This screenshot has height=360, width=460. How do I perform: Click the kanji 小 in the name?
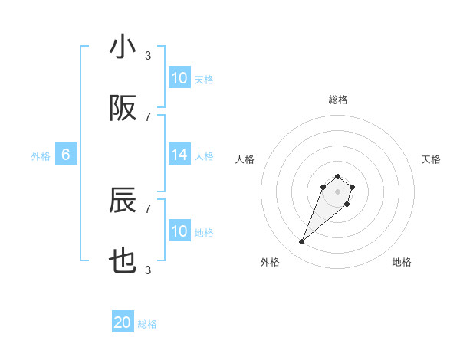click(x=123, y=47)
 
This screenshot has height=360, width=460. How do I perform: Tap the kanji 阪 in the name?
click(x=123, y=109)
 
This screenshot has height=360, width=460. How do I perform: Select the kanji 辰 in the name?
click(x=123, y=201)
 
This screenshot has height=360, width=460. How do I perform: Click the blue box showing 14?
click(x=179, y=155)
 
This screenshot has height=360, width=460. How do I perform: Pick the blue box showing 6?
click(x=66, y=155)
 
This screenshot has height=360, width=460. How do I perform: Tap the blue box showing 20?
click(x=123, y=323)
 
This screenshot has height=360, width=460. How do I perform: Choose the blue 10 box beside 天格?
click(x=179, y=78)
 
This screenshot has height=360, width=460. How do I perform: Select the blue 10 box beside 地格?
click(x=179, y=231)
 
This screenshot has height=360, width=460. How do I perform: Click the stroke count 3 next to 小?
click(x=148, y=55)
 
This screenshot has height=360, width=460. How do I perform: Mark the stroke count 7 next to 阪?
click(x=148, y=116)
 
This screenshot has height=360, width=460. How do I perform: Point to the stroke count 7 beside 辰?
click(x=148, y=208)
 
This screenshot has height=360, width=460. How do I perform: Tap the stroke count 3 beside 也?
click(x=148, y=270)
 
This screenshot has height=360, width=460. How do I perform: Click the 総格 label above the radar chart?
click(x=337, y=100)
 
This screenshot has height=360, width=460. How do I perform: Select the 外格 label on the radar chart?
click(x=270, y=262)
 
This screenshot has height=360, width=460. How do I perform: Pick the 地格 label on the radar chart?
click(x=402, y=262)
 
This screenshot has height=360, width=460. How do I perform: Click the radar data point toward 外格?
click(x=302, y=242)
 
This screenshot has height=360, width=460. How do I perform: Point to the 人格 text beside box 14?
click(x=204, y=155)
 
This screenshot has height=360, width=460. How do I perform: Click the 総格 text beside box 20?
click(x=147, y=324)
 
